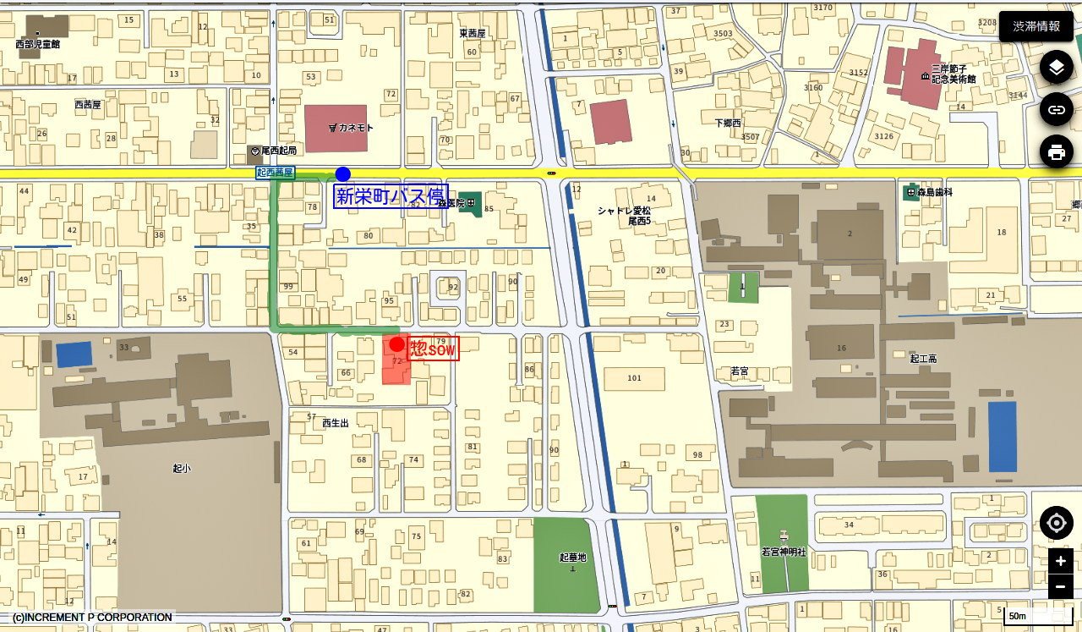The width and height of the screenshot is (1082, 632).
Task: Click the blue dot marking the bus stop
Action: point(342,174)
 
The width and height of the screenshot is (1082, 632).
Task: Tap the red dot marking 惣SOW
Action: point(396,344)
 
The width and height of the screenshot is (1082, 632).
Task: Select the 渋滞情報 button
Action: point(1036,26)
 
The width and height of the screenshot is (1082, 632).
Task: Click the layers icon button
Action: point(1056,67)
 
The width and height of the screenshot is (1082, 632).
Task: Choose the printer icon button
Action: point(1056,152)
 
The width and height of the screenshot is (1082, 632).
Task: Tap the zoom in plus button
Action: point(1060,561)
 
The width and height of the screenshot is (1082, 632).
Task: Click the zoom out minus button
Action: point(1060,586)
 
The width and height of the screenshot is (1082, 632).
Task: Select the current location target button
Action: point(1056,523)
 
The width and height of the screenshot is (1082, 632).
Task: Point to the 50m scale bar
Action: point(1037,616)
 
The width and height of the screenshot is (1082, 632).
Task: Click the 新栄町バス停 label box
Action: point(391,196)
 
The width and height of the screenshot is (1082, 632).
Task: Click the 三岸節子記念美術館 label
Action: point(953,74)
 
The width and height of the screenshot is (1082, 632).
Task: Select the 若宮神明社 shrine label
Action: point(784,552)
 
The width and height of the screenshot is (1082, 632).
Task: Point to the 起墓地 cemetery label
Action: point(572,558)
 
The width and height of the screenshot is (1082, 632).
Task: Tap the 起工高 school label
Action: point(923,359)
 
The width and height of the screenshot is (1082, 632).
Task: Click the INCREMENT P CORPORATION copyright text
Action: point(92,618)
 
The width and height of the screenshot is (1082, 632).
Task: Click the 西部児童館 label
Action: point(38,44)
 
